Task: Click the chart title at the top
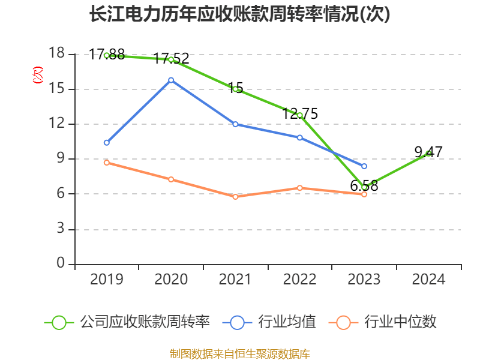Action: (x=240, y=14)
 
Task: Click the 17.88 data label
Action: (x=107, y=55)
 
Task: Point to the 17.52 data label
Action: (x=172, y=58)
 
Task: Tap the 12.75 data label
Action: (x=300, y=113)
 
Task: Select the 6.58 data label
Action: (x=364, y=186)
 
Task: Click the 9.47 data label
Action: (x=428, y=152)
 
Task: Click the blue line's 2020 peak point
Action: (x=171, y=80)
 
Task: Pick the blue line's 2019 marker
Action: (x=107, y=143)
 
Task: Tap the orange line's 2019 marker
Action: (x=107, y=163)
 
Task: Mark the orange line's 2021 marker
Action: (x=235, y=197)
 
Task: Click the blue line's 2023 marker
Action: (x=364, y=166)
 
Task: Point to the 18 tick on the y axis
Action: (x=56, y=54)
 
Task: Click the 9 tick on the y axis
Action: (x=61, y=159)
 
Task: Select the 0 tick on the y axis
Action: (x=61, y=263)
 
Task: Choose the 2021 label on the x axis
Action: (x=235, y=279)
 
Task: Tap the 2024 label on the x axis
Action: (x=428, y=279)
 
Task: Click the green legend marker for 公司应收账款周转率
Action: (x=59, y=322)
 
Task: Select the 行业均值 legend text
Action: (x=287, y=322)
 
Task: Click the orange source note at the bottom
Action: (x=240, y=353)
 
